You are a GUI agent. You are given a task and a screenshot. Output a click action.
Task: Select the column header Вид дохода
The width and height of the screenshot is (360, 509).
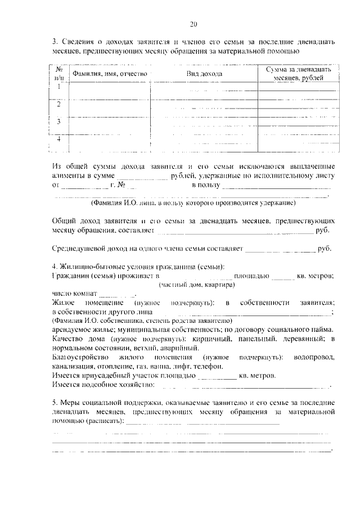[x=204, y=74]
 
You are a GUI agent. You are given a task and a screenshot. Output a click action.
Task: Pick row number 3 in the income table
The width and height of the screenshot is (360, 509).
[x=59, y=121]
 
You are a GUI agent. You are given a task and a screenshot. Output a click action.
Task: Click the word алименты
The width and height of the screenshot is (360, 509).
[x=69, y=176]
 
